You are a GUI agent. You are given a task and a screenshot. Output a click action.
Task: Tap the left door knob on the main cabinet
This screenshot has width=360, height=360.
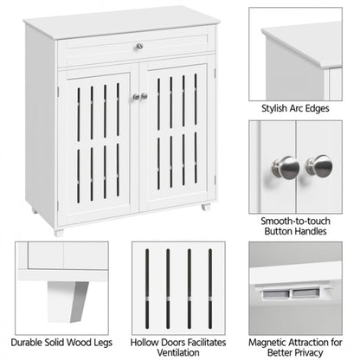point(134,97)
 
